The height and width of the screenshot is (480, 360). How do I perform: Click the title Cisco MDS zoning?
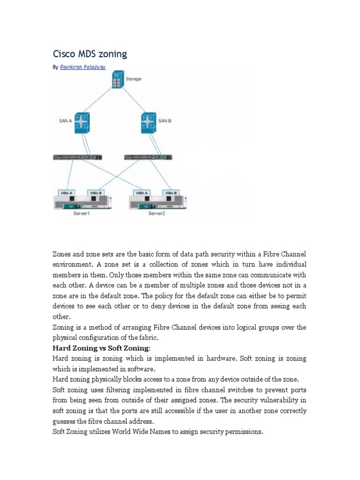[x=90, y=54]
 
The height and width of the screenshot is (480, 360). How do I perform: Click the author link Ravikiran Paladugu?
[x=83, y=67]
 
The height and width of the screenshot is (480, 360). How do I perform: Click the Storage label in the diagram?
[x=133, y=79]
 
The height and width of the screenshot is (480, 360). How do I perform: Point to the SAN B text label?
[x=165, y=120]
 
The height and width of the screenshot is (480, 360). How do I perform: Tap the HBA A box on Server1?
[x=64, y=193]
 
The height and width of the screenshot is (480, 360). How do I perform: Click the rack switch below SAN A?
[x=78, y=157]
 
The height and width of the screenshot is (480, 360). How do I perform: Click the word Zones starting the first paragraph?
[x=61, y=254]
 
